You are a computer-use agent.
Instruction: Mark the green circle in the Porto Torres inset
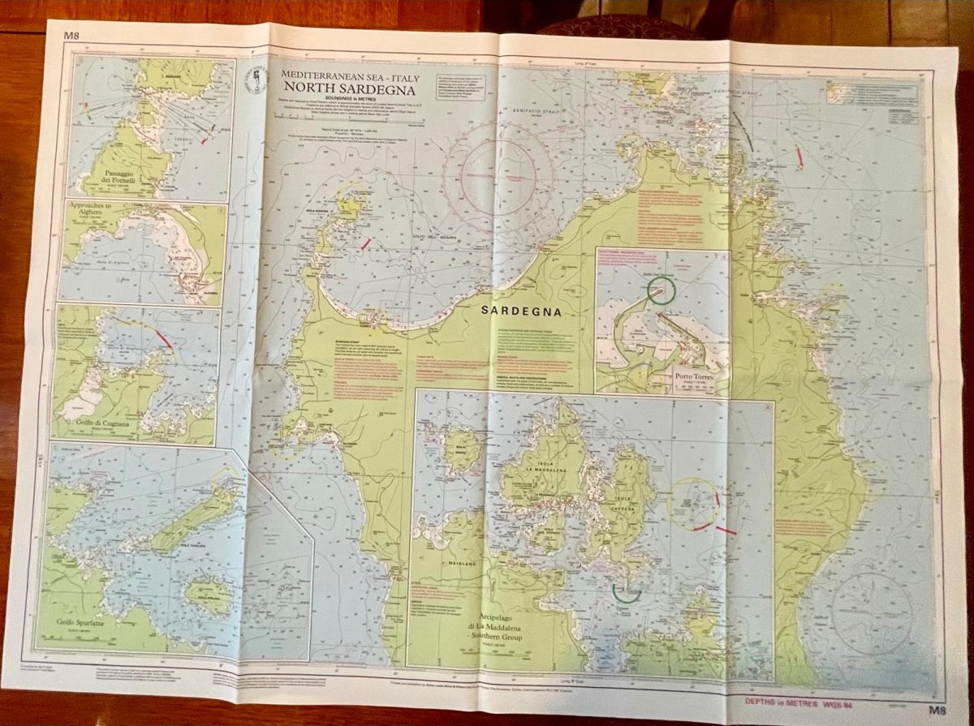(x=662, y=290)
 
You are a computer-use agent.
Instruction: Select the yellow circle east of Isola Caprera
(x=692, y=503)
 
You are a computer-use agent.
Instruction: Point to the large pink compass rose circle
(x=498, y=171)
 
